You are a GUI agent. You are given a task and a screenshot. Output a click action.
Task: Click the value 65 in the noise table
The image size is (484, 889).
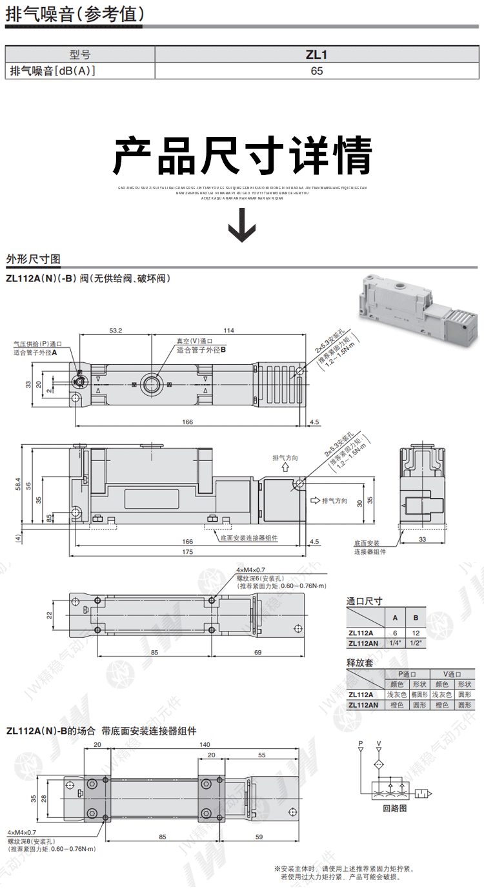(316, 71)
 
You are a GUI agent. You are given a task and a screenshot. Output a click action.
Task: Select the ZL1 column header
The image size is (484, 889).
(316, 55)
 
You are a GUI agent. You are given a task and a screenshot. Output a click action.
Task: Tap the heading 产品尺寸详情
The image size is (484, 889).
(243, 156)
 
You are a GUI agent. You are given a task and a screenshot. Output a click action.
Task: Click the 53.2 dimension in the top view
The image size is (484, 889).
(116, 330)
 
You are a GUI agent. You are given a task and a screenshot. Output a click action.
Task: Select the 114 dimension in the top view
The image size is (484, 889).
(228, 330)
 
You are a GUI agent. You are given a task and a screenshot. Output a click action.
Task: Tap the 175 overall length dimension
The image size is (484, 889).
(188, 552)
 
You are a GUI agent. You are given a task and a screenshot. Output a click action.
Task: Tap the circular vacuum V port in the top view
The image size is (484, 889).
(152, 384)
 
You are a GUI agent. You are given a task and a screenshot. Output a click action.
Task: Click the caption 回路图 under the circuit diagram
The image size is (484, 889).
(395, 807)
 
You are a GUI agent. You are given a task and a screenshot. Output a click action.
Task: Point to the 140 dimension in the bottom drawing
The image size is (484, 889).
(205, 744)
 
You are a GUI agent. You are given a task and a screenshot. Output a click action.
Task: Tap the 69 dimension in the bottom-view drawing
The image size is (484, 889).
(257, 653)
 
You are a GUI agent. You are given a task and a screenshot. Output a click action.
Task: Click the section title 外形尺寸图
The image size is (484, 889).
(33, 260)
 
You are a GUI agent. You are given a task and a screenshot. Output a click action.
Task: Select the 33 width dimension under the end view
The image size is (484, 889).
(423, 538)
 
